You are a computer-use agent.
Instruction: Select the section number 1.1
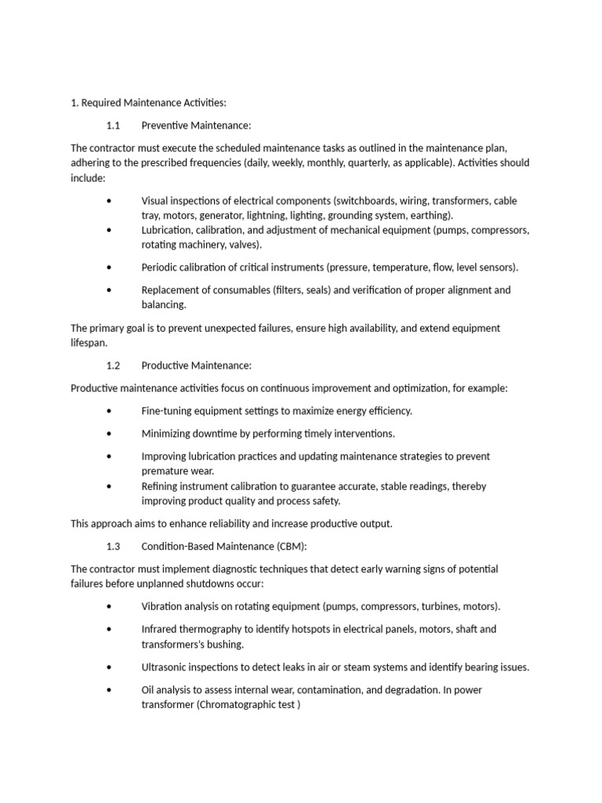click(x=113, y=125)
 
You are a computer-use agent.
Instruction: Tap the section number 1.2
click(x=113, y=365)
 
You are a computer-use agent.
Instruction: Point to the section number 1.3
click(x=113, y=546)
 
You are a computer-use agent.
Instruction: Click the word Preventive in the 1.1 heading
click(x=168, y=125)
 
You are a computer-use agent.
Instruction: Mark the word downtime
click(x=217, y=434)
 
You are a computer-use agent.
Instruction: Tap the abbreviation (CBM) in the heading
click(x=299, y=546)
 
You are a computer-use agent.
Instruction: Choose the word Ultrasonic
click(x=167, y=667)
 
